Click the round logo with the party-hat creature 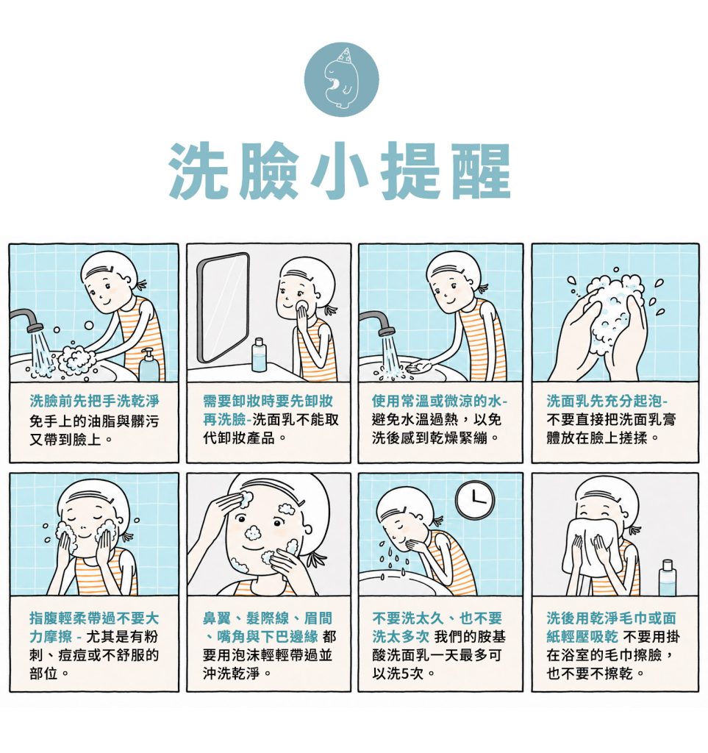(x=341, y=78)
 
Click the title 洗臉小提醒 (x=340, y=171)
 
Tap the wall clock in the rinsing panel (x=474, y=500)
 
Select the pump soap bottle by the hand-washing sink (x=149, y=365)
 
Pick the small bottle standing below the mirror (x=258, y=355)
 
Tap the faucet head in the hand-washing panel (x=35, y=328)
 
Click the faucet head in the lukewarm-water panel (x=385, y=331)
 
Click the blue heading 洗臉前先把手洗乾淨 (x=94, y=401)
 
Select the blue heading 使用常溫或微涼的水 (x=439, y=401)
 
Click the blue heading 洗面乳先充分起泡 (x=607, y=401)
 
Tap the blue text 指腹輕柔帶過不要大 (x=94, y=618)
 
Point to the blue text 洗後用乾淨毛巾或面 (x=611, y=618)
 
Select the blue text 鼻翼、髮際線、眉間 (x=268, y=618)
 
